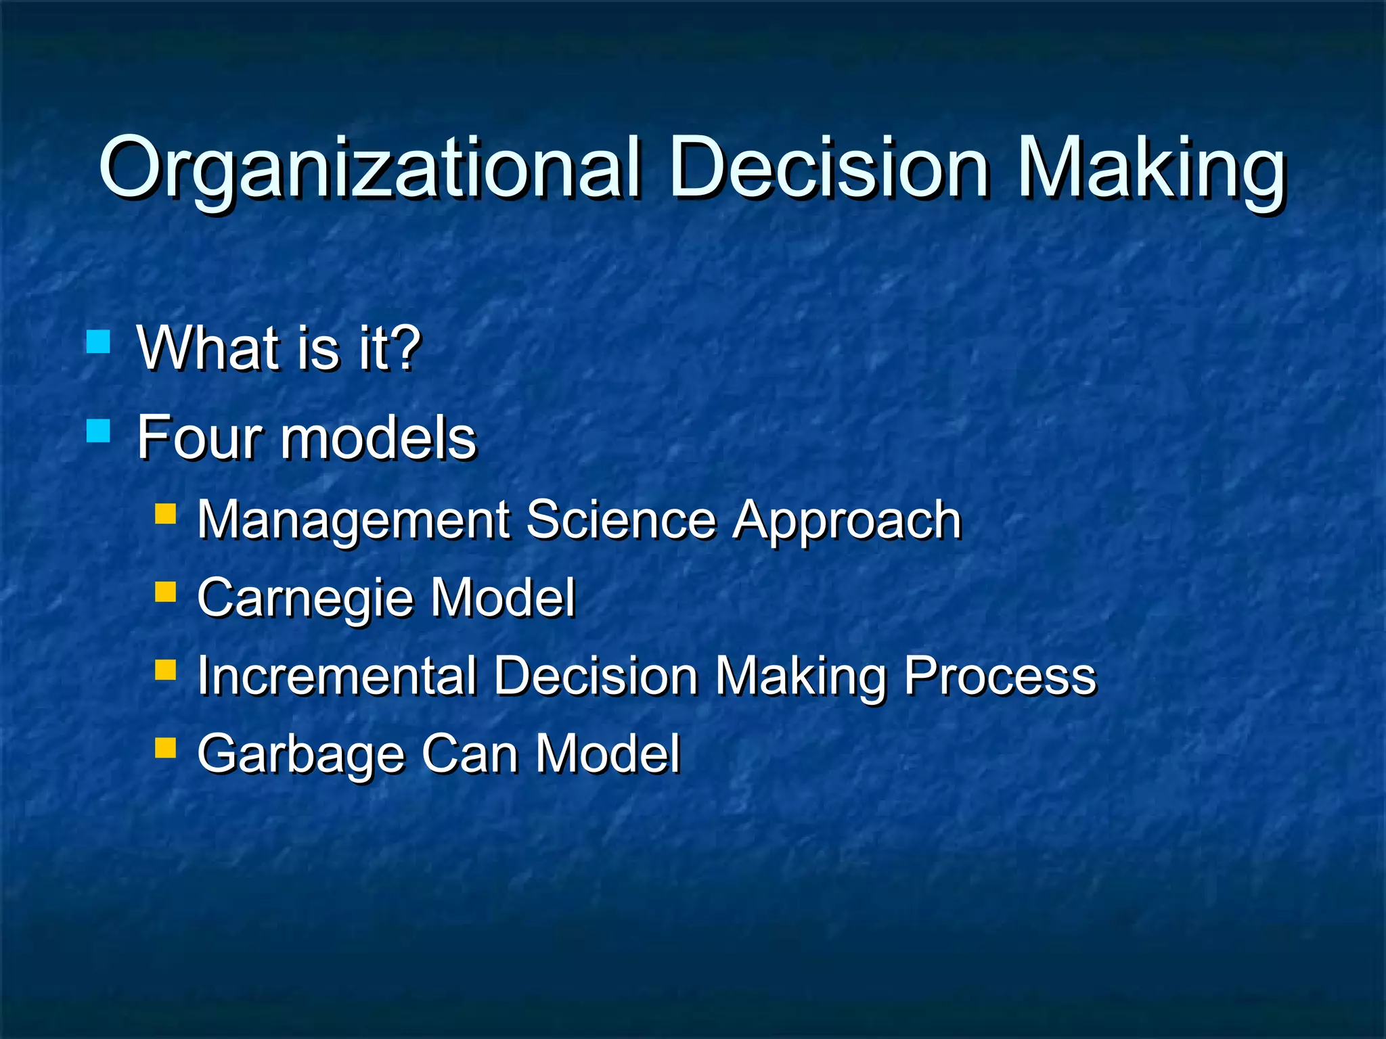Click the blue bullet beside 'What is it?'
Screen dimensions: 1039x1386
99,342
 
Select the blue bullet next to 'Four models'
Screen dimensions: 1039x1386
99,431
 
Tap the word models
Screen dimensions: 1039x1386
379,438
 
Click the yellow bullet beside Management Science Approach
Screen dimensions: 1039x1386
165,513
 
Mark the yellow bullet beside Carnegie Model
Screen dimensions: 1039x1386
165,592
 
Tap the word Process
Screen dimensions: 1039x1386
1000,676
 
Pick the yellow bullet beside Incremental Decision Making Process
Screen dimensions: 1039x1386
165,670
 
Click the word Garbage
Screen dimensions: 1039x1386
301,754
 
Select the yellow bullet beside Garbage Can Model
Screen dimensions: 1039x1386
165,747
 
